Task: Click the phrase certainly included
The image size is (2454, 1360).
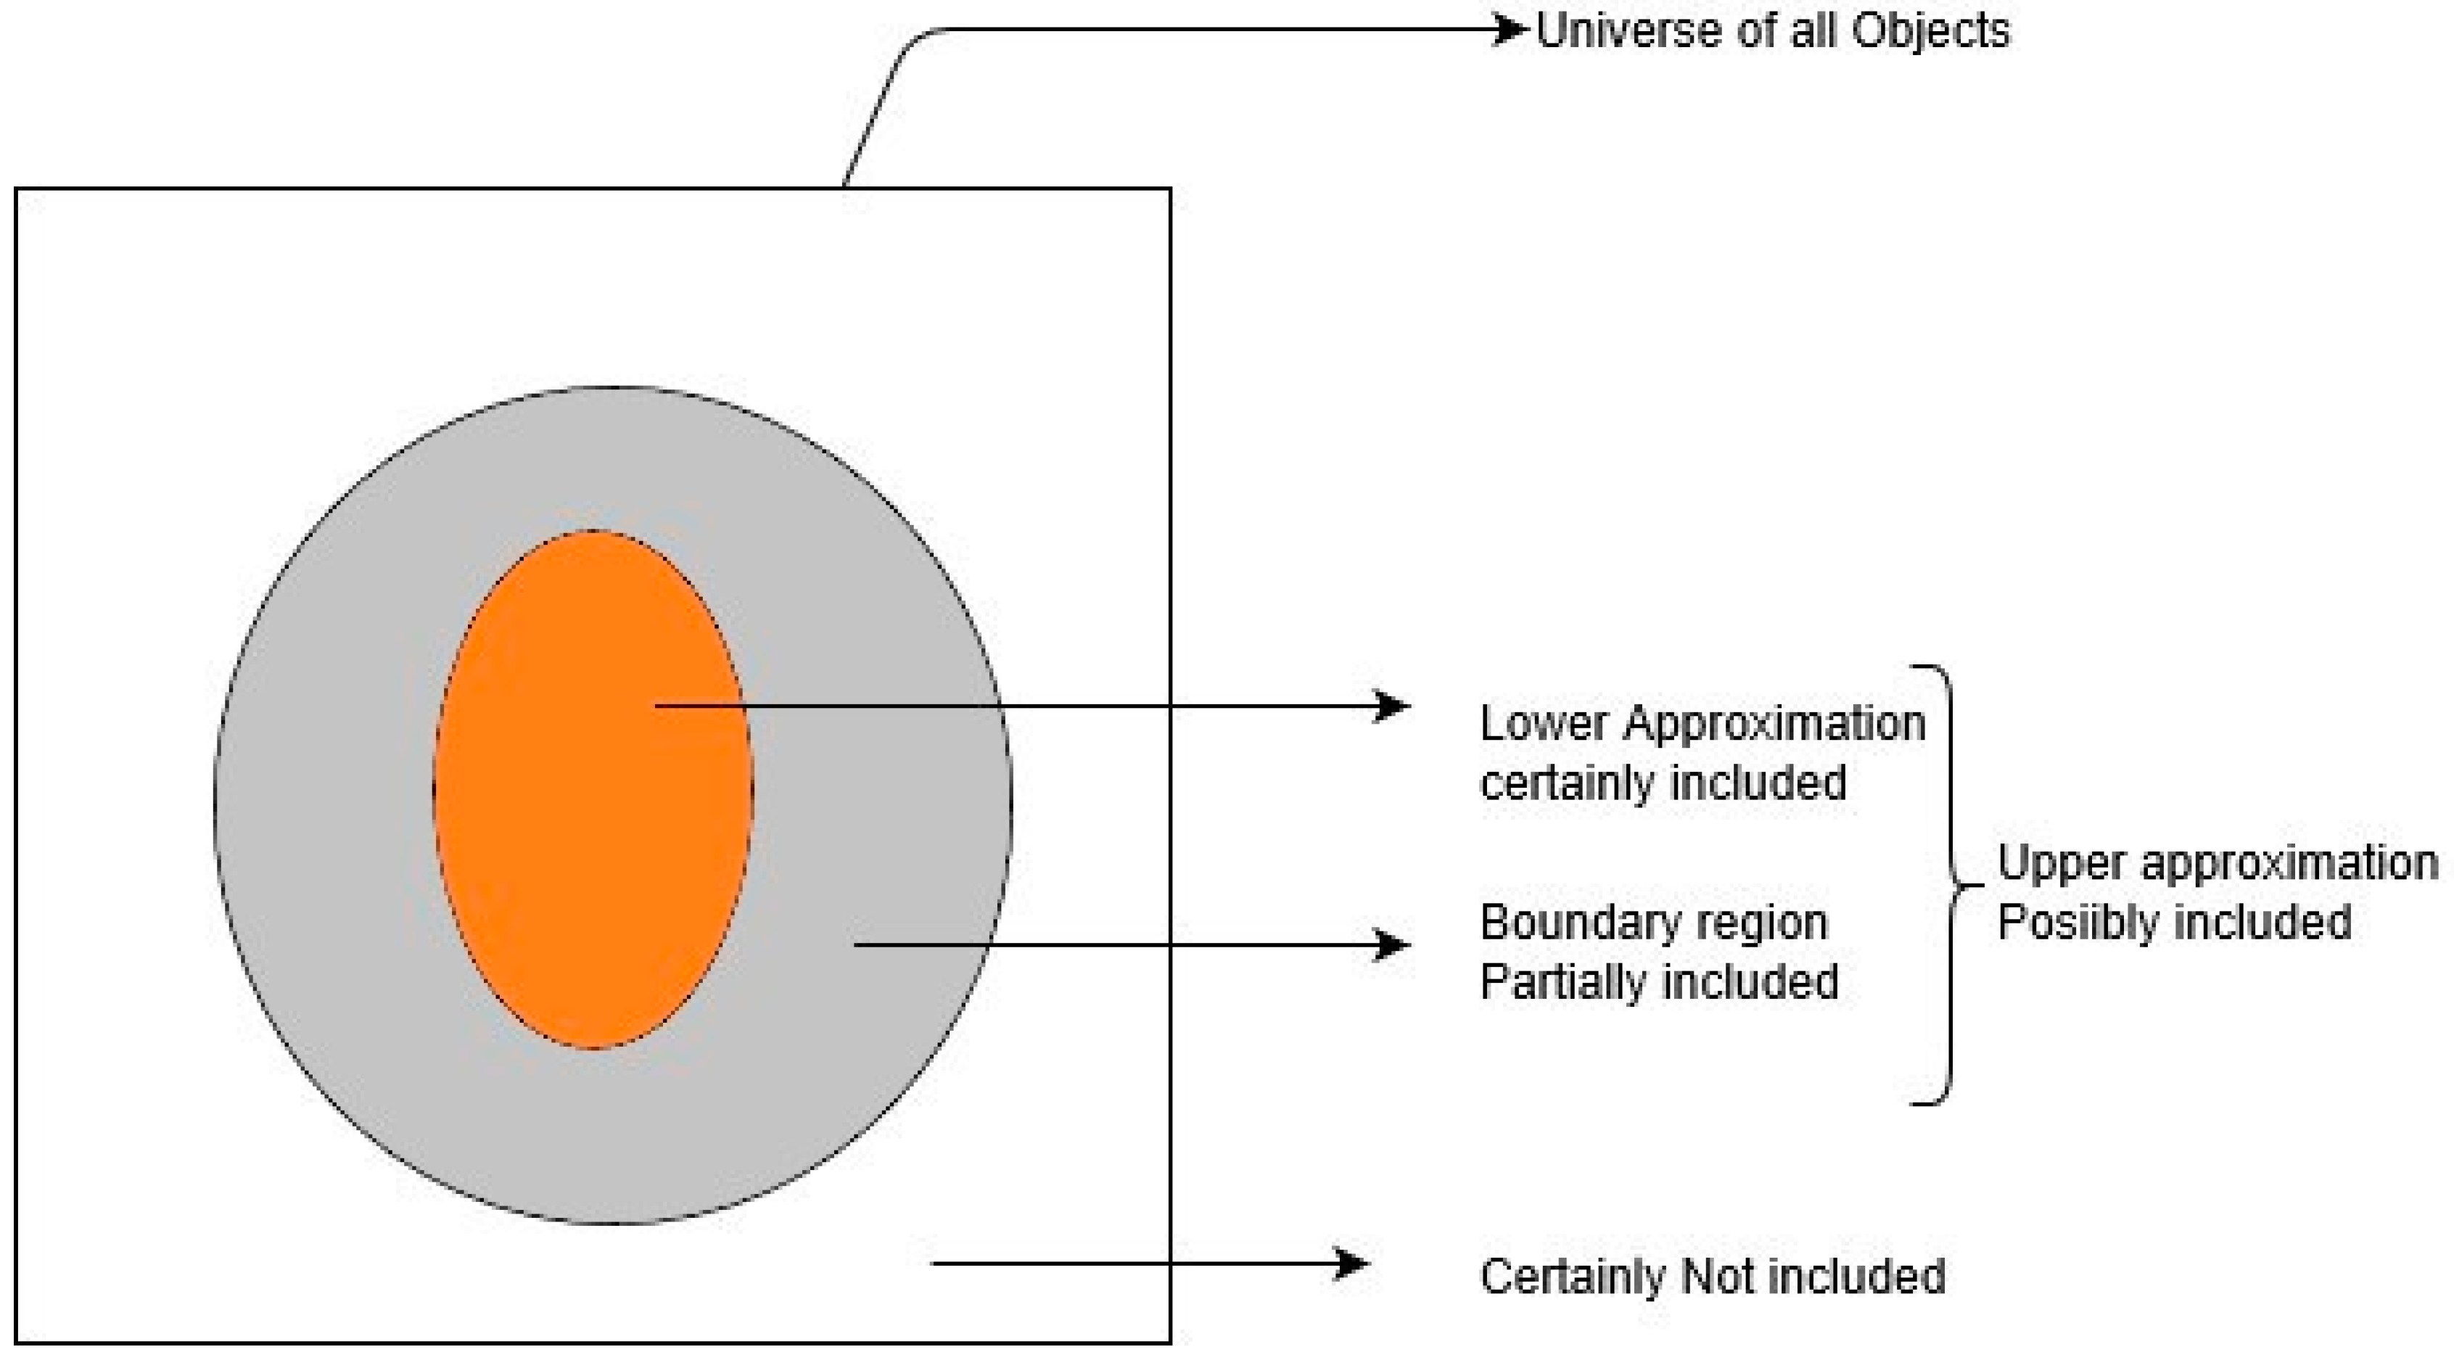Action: (x=1663, y=783)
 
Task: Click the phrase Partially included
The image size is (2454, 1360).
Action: (x=1658, y=982)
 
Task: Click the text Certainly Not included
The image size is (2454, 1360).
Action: (x=1712, y=1276)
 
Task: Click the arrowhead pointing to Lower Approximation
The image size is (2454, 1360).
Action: (x=1393, y=706)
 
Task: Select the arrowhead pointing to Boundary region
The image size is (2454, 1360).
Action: (x=1393, y=945)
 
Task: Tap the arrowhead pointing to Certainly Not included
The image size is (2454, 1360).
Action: (x=1353, y=1264)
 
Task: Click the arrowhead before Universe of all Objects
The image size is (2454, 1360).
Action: (x=1509, y=30)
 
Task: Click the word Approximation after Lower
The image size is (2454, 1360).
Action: (x=1774, y=724)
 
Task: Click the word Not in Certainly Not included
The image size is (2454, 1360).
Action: (x=1712, y=1276)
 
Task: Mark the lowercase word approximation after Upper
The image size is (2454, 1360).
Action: (x=2288, y=864)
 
